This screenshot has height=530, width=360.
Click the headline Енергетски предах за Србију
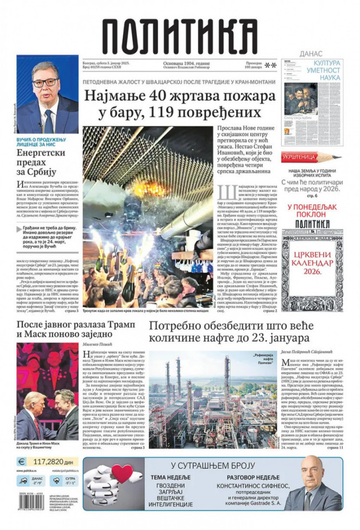click(41, 162)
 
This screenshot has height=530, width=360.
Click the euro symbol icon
click(22, 462)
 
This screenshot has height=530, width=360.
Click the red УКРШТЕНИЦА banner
click(298, 157)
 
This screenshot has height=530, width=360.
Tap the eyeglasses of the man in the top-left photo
click(46, 83)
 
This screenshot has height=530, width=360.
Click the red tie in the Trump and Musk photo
click(37, 425)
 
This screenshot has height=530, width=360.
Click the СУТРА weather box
click(65, 481)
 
